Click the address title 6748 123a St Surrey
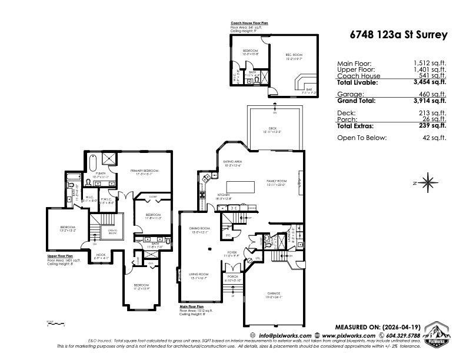tap(397, 35)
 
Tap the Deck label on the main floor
tap(273, 130)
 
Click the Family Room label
tap(276, 182)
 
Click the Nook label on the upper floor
tap(101, 255)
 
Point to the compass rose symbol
tap(428, 182)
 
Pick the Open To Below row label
tap(362, 138)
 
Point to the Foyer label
tap(232, 253)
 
